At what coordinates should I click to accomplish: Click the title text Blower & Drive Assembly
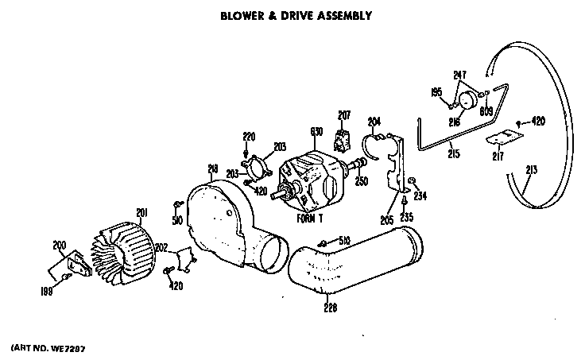click(x=297, y=15)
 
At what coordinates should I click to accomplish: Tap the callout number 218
click(x=213, y=168)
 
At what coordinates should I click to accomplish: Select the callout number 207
click(x=344, y=115)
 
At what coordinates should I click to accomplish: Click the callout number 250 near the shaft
click(x=362, y=182)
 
